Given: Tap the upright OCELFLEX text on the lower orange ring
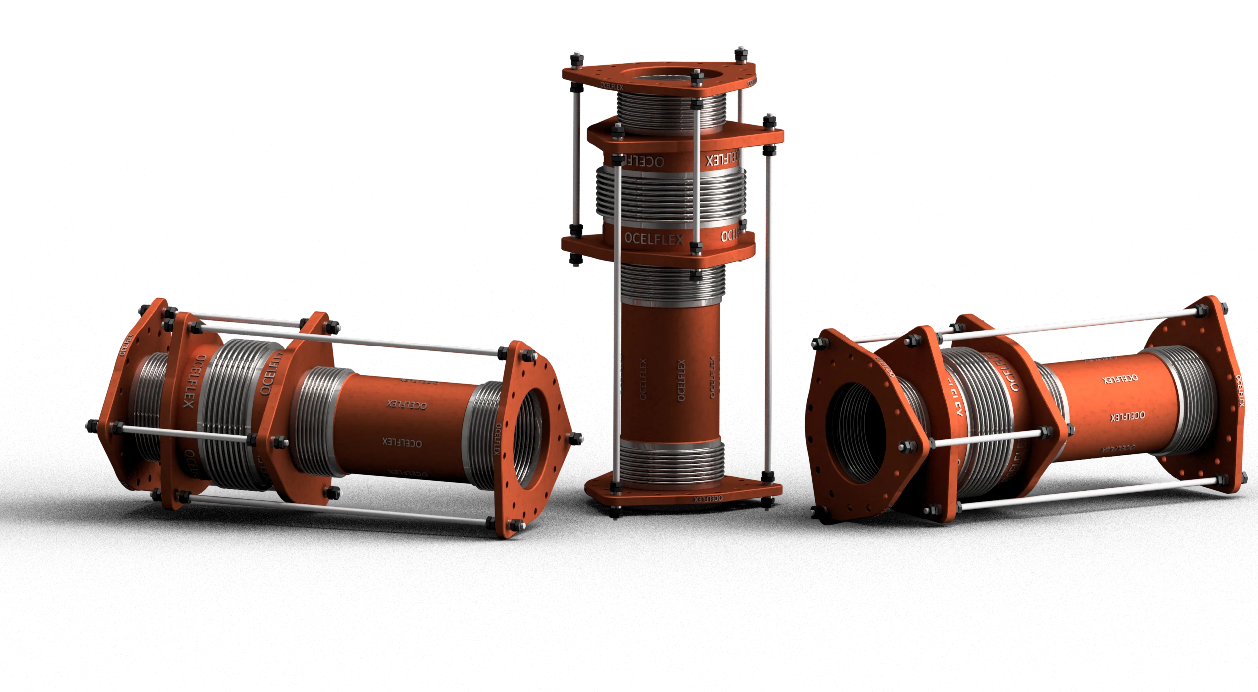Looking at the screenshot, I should pos(653,239).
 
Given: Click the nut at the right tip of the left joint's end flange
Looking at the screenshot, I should pos(578,439).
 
